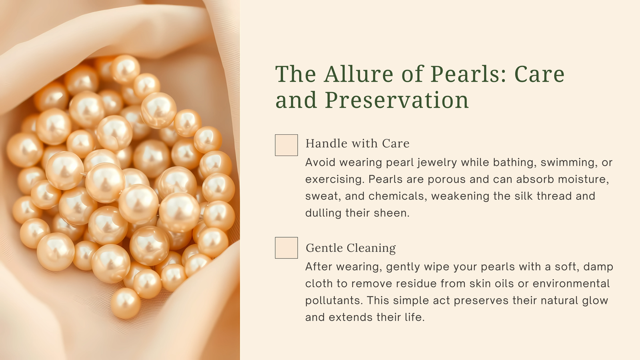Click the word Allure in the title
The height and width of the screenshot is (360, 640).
click(360, 74)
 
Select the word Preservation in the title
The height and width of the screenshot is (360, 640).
click(396, 100)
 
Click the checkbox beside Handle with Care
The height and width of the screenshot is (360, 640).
click(286, 145)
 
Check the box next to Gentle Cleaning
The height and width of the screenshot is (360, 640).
click(286, 248)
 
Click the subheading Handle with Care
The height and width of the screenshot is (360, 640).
click(358, 144)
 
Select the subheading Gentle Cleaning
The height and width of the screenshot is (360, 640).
click(350, 248)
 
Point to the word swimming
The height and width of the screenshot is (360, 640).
click(568, 162)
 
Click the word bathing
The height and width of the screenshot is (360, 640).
click(514, 162)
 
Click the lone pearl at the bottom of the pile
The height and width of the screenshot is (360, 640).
click(126, 303)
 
